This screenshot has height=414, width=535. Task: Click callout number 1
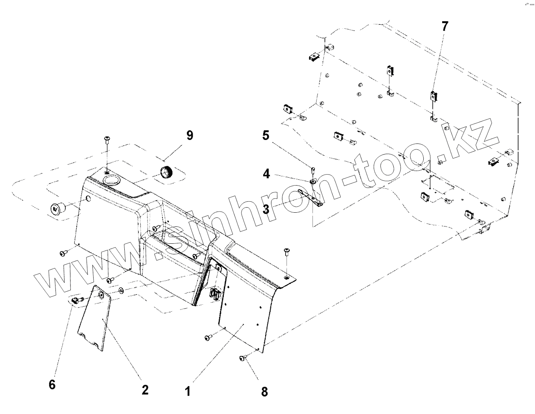[x=188, y=392]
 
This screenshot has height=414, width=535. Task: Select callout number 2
[x=145, y=390]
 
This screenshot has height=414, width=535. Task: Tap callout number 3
[x=266, y=209]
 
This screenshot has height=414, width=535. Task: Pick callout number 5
[x=266, y=136]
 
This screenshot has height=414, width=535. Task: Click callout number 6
[x=52, y=384]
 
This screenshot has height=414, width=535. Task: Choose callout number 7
[x=445, y=27]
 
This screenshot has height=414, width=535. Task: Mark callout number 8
[x=264, y=392]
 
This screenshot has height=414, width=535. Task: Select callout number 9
[x=190, y=136]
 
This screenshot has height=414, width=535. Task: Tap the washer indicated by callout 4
[x=313, y=182]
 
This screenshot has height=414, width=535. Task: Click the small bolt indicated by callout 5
[x=313, y=170]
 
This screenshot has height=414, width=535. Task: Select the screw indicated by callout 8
[x=243, y=358]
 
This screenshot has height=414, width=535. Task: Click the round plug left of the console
[x=56, y=208]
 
